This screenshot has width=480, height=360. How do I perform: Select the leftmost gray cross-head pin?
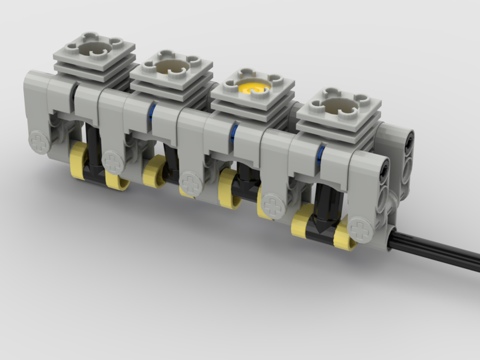tap(39, 142)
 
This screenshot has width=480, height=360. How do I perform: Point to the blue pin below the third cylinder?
tap(234, 133)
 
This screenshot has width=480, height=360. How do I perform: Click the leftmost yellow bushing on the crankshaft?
tap(78, 161)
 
